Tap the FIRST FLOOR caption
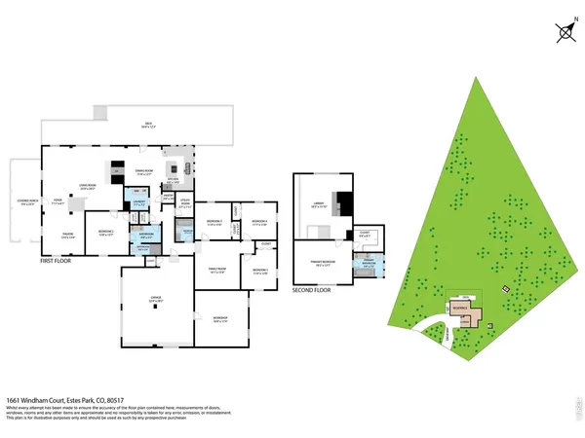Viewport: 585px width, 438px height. [58, 262]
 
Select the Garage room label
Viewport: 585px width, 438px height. [154, 302]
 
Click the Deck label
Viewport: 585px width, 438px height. [148, 124]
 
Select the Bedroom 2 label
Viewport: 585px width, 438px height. [106, 234]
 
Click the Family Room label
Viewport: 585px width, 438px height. [217, 271]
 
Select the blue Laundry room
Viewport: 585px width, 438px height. [138, 204]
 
